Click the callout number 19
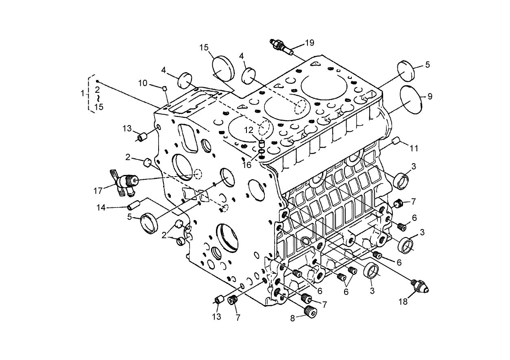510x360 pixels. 309,43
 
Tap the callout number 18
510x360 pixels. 403,301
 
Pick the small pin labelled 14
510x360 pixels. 134,204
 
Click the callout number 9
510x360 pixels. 430,96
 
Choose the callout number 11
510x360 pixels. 414,148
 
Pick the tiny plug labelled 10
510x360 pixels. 165,88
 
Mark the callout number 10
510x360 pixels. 143,83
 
